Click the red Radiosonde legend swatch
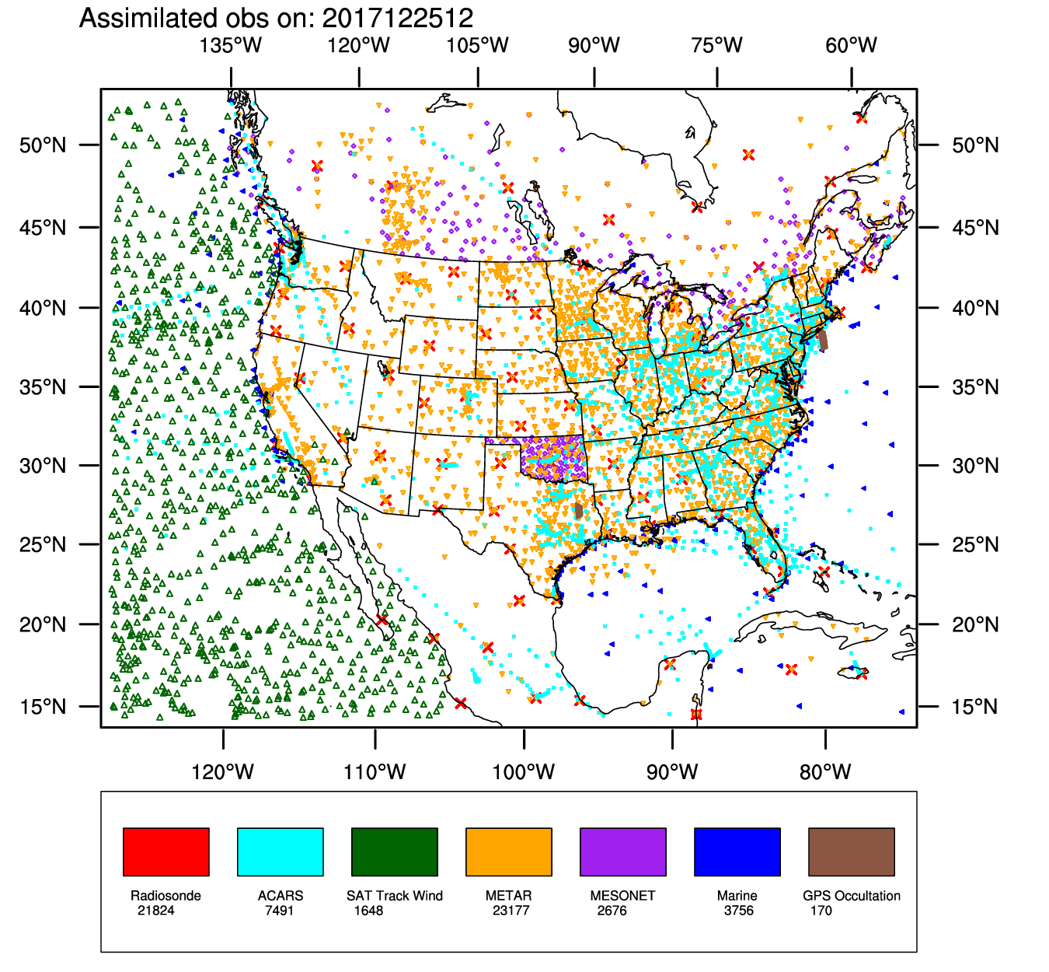click(x=166, y=851)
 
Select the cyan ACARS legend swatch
click(x=280, y=851)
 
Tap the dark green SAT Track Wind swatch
click(x=394, y=851)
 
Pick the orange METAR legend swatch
click(x=508, y=851)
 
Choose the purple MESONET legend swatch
click(x=622, y=851)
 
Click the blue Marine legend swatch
click(x=737, y=851)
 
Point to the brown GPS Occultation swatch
click(x=851, y=851)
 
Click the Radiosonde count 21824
click(x=156, y=911)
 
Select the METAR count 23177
click(x=511, y=911)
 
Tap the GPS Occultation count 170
click(x=821, y=911)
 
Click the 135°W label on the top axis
click(x=231, y=45)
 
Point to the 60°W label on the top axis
click(x=851, y=45)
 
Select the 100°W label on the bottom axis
click(x=524, y=772)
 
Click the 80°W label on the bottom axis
click(x=825, y=772)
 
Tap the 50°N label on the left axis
click(x=43, y=145)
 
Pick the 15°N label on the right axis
click(x=975, y=707)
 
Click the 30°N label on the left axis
click(x=43, y=466)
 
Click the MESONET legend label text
click(x=622, y=896)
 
